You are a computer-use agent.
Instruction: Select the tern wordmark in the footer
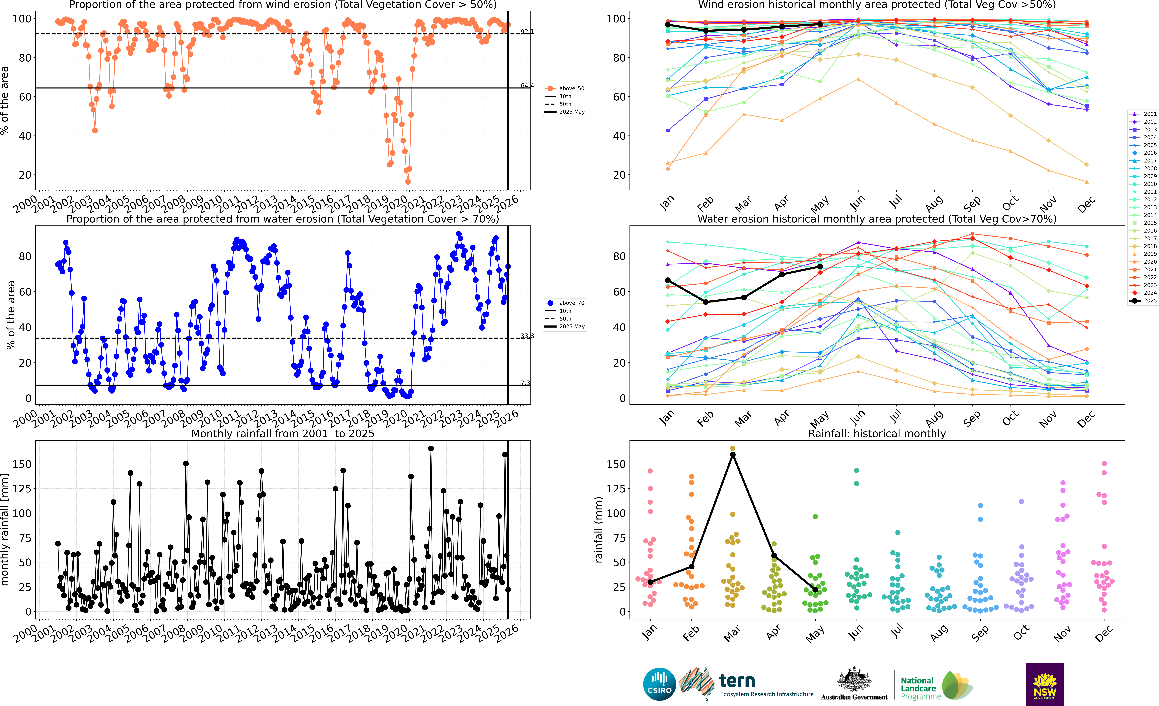point(737,681)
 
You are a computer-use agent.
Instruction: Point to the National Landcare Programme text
point(920,688)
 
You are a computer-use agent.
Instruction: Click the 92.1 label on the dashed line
point(527,32)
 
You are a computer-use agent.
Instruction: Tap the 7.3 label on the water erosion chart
point(525,383)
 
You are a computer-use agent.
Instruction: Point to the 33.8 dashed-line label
point(527,336)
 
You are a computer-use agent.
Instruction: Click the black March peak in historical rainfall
point(732,454)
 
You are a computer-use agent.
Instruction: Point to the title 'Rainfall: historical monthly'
point(877,434)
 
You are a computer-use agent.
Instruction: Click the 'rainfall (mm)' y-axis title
point(598,530)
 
